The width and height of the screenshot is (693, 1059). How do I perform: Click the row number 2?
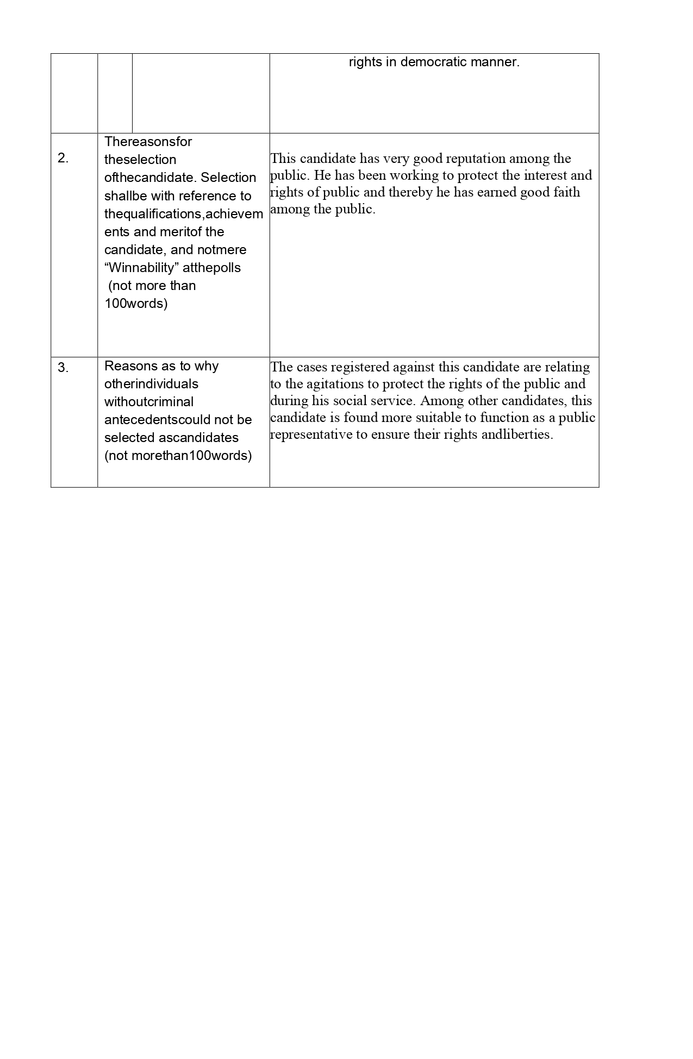coord(63,159)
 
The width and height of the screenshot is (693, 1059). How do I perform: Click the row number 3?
coord(63,368)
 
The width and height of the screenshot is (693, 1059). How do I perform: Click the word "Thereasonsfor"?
coord(148,142)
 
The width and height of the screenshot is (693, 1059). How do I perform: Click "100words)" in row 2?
coord(136,304)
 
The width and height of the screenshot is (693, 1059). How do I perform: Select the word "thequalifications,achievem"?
coord(183,214)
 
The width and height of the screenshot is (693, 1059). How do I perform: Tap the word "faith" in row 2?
coord(565,192)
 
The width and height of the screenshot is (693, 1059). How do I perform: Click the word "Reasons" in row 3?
coord(130,366)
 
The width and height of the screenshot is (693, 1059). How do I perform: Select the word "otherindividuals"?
coord(151,384)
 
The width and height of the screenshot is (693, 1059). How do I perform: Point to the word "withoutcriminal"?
coord(149,402)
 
